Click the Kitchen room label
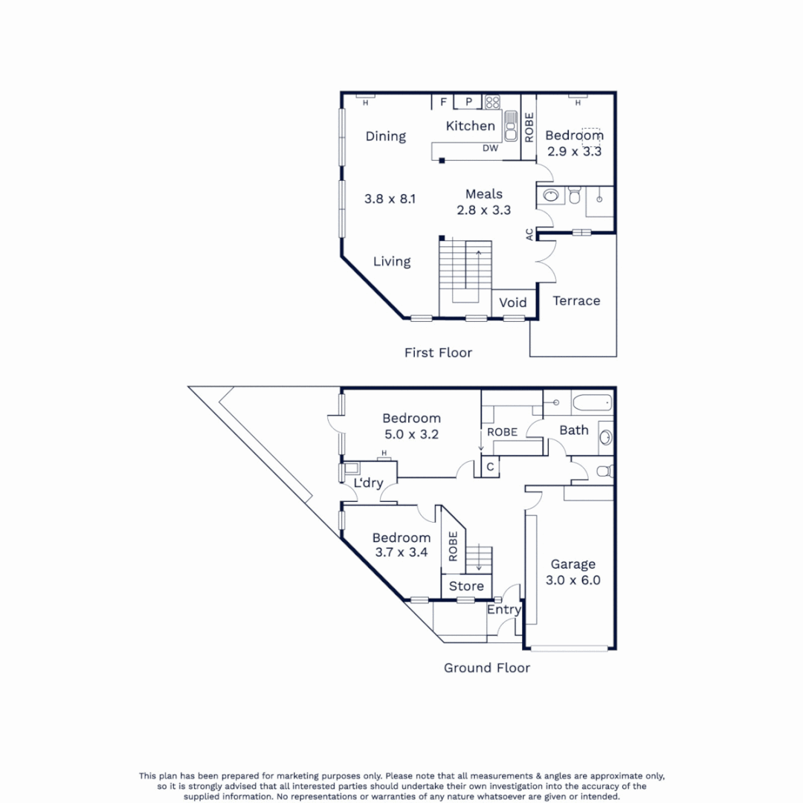click(x=470, y=126)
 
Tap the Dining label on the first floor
click(x=385, y=136)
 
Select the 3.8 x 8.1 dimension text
click(x=390, y=199)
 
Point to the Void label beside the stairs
click(x=512, y=303)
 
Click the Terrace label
click(x=576, y=300)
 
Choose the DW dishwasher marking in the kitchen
click(x=490, y=149)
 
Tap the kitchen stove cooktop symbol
click(x=493, y=102)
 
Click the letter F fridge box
click(x=443, y=102)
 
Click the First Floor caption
click(x=438, y=352)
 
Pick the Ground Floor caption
click(x=487, y=668)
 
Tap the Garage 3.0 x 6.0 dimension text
click(x=574, y=581)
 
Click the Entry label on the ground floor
click(x=503, y=610)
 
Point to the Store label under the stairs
click(x=466, y=586)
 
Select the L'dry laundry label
click(x=368, y=483)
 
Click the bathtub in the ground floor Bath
click(x=592, y=404)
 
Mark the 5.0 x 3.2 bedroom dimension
click(x=411, y=433)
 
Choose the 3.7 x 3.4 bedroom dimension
click(x=401, y=552)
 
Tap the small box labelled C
click(x=490, y=467)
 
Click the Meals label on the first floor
click(x=484, y=194)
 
